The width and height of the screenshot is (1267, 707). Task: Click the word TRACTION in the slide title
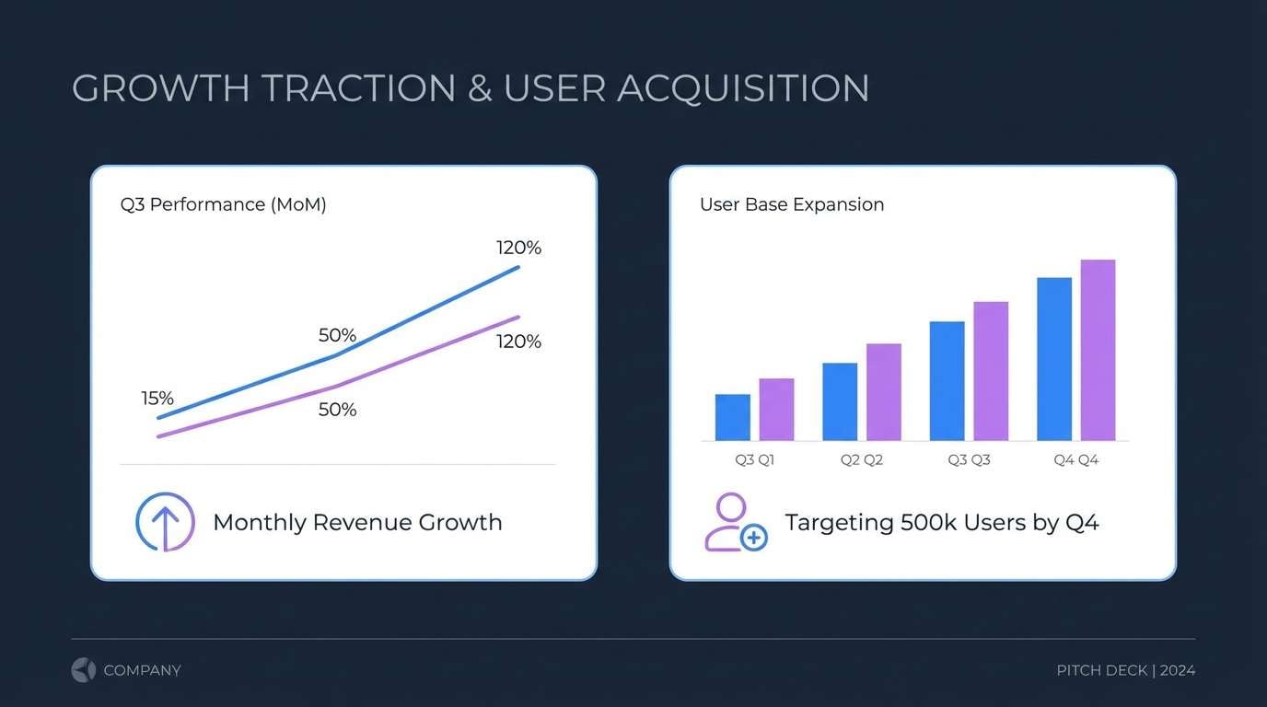pos(358,88)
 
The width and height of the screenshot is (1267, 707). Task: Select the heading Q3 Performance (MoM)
pos(223,204)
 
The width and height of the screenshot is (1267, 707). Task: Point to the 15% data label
pos(157,399)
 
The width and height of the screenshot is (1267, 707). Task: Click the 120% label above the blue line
pos(518,248)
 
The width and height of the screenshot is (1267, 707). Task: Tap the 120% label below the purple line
pos(518,342)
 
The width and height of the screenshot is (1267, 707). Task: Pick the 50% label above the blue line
pos(337,335)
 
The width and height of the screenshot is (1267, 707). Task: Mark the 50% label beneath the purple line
pos(337,410)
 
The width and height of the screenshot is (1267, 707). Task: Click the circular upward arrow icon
pos(165,522)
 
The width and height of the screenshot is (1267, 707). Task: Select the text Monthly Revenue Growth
pos(357,522)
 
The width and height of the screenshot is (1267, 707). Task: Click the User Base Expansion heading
pos(792,204)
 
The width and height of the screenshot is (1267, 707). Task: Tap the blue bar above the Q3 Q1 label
pos(732,417)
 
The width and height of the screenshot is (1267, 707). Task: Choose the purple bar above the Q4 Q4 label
pos(1098,350)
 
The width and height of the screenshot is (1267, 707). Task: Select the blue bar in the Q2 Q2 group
pos(840,401)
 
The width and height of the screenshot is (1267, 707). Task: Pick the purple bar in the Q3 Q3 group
pos(991,371)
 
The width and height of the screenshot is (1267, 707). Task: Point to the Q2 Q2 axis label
pos(861,459)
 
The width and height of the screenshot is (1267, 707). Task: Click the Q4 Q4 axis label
pos(1075,459)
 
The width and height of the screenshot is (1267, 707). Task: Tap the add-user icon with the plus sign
pos(735,523)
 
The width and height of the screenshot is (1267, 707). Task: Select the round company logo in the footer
pos(84,670)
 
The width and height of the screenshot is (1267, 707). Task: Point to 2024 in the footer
pos(1177,670)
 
